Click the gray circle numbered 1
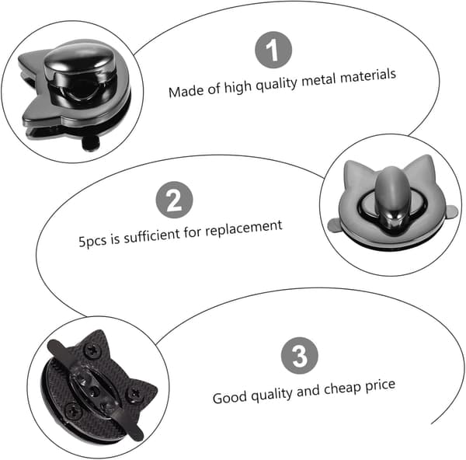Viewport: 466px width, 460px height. tap(273, 50)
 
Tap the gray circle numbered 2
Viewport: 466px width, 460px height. tap(174, 200)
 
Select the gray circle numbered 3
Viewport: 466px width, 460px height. tap(300, 356)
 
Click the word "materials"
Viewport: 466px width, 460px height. tap(368, 76)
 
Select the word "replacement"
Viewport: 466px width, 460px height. tap(244, 228)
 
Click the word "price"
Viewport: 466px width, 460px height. tap(380, 386)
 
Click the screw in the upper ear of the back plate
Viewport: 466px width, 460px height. tap(92, 350)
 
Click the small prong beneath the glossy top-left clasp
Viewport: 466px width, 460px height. tap(90, 143)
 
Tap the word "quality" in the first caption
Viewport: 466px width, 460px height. tap(276, 85)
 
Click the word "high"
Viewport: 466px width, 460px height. tap(238, 87)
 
